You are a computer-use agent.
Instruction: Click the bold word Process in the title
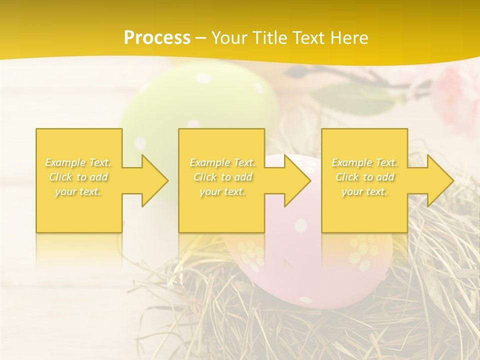(x=157, y=38)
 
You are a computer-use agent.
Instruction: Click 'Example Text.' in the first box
(x=78, y=162)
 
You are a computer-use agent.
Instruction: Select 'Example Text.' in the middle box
(x=222, y=162)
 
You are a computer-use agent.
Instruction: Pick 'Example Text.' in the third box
(x=364, y=162)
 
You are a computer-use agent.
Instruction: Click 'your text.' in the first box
(x=78, y=191)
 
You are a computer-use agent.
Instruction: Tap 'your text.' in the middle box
(x=222, y=191)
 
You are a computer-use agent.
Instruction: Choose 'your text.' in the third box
(x=364, y=191)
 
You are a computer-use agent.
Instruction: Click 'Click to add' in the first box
(x=78, y=177)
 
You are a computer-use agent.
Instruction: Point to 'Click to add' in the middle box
(x=222, y=177)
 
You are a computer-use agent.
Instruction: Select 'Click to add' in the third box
(x=364, y=177)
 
